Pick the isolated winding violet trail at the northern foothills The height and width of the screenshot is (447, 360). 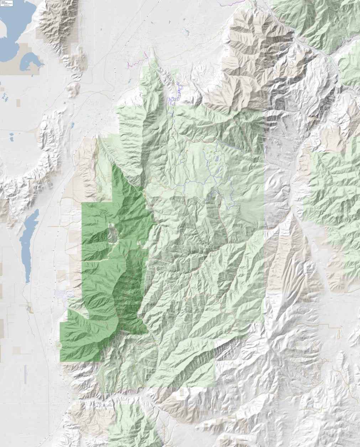tap(177, 93)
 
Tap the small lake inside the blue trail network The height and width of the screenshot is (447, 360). tap(216, 161)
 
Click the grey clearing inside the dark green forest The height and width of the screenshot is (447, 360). tap(113, 235)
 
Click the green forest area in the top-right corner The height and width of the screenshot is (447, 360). tap(320, 21)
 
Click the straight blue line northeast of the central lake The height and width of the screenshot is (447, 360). tap(230, 146)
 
